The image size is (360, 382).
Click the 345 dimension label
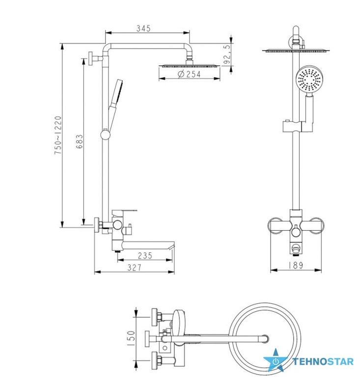pos(143,28)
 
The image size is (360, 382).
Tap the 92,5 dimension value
pos(227,54)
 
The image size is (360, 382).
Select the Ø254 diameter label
pos(189,74)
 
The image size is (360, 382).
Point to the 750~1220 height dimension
pos(58,135)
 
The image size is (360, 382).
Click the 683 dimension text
pos(80,141)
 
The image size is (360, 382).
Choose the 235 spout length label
pos(145,255)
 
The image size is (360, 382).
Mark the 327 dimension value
pos(134,268)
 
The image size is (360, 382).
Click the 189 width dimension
pos(296,265)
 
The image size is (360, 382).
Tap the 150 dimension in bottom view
pos(131,338)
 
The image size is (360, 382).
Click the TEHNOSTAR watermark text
pos(323,362)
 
